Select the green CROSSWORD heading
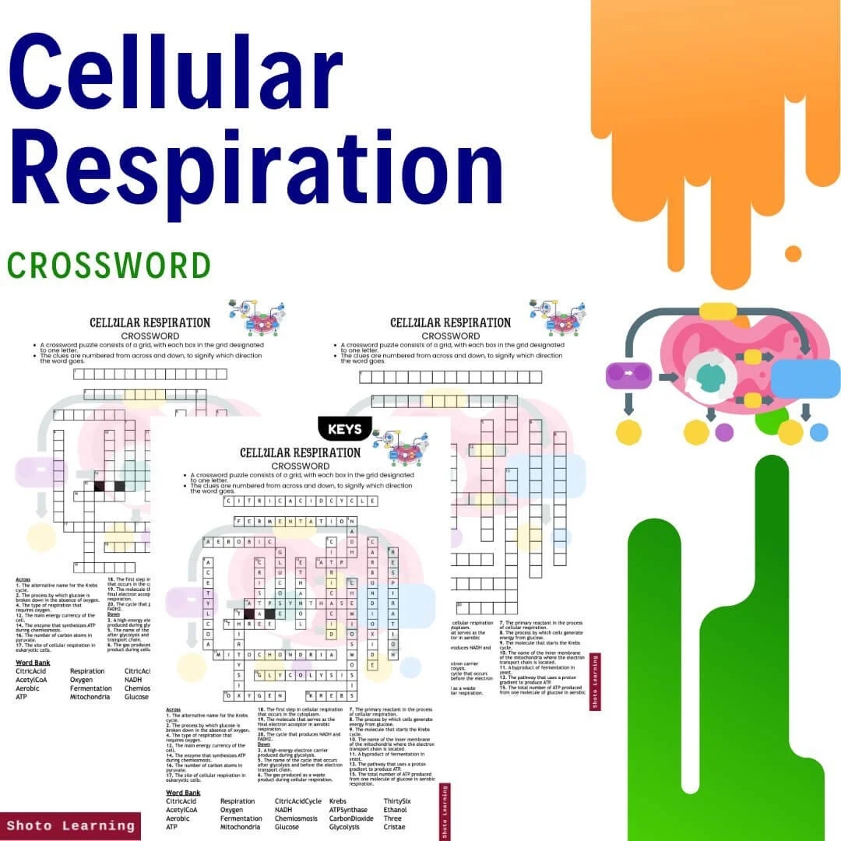coord(109,266)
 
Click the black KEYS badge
coord(345,429)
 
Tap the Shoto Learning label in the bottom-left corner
coord(70,825)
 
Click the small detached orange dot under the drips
coord(793,254)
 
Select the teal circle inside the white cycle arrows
coord(709,376)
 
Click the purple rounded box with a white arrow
coord(628,375)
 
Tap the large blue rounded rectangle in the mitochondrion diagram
coord(806,378)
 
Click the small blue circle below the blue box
coord(818,432)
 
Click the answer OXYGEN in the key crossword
coord(255,695)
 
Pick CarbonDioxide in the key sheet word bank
coord(351,818)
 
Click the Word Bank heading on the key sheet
coord(183,793)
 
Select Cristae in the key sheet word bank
coord(395,827)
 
